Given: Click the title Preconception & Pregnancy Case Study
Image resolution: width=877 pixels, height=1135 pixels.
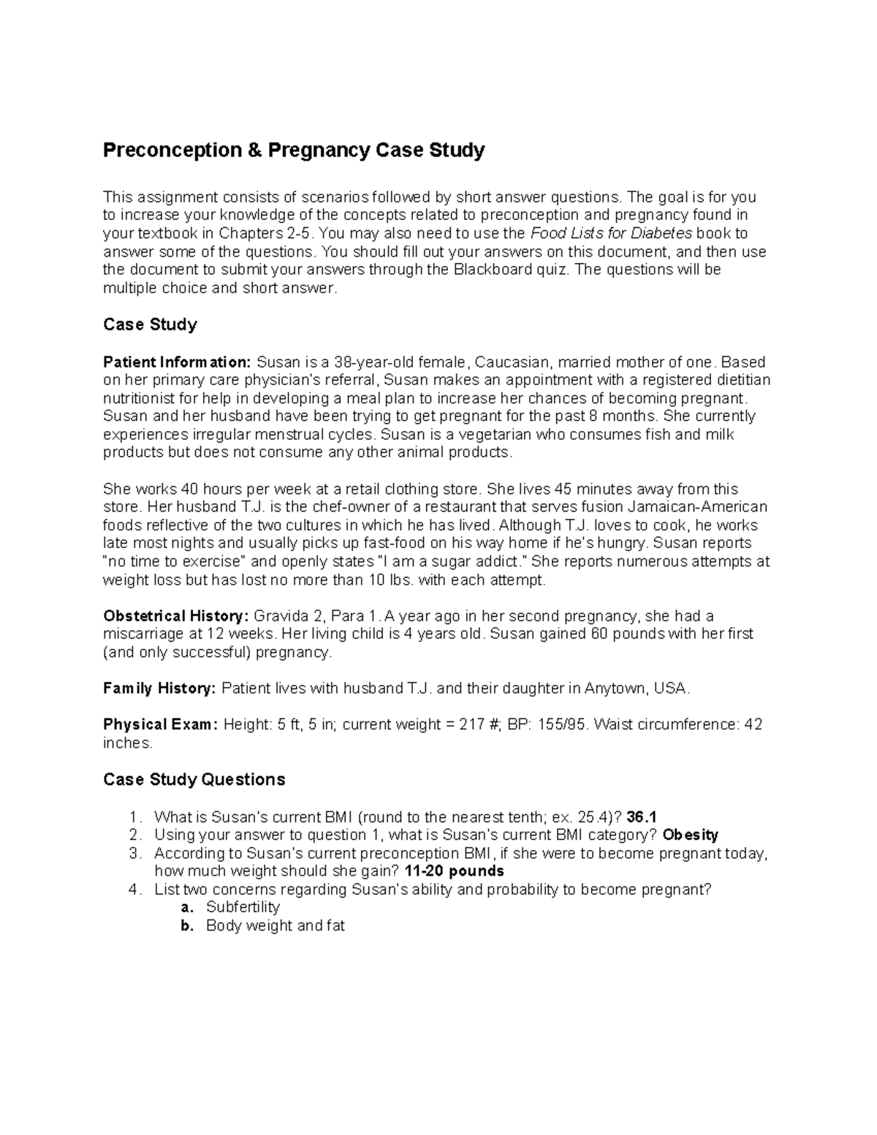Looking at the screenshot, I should click(x=293, y=151).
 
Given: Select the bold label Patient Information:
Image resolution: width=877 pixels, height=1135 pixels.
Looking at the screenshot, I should click(x=177, y=362).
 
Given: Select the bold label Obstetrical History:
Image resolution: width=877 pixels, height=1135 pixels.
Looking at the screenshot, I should click(x=176, y=616).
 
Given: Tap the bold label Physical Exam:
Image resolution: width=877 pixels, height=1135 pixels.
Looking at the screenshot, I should click(x=160, y=725).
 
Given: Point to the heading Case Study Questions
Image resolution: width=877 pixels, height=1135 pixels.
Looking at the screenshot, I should click(x=194, y=780).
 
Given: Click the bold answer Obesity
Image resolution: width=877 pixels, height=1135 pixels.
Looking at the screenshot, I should click(x=690, y=835).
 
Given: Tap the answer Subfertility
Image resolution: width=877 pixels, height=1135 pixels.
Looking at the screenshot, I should click(x=243, y=908).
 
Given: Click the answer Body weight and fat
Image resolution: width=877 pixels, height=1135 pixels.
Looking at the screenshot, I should click(x=275, y=926).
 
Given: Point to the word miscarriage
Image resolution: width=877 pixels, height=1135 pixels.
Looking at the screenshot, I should click(x=142, y=634).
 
